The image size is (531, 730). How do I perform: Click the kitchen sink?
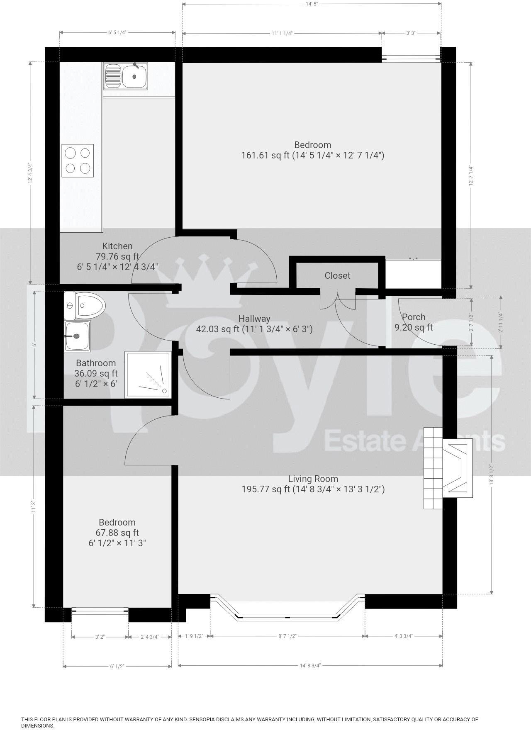point(126,76)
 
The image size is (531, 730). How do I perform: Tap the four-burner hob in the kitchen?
point(78,161)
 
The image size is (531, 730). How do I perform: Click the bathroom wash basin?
point(77,336)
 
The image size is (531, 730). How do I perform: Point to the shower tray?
point(148,375)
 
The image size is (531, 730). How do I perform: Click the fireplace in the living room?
point(448,468)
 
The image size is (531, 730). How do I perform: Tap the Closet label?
point(337,275)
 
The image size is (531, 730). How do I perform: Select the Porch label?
point(414,317)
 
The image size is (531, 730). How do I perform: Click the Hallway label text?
point(254,319)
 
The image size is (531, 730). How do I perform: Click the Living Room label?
point(313,479)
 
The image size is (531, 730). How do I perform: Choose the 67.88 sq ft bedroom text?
point(117,533)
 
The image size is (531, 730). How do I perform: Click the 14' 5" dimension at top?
point(312,4)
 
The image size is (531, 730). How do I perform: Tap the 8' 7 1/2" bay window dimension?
point(287,636)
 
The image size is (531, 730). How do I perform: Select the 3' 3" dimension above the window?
point(411,33)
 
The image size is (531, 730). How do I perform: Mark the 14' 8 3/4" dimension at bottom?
point(310,665)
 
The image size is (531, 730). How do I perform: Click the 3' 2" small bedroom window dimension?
point(100,637)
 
